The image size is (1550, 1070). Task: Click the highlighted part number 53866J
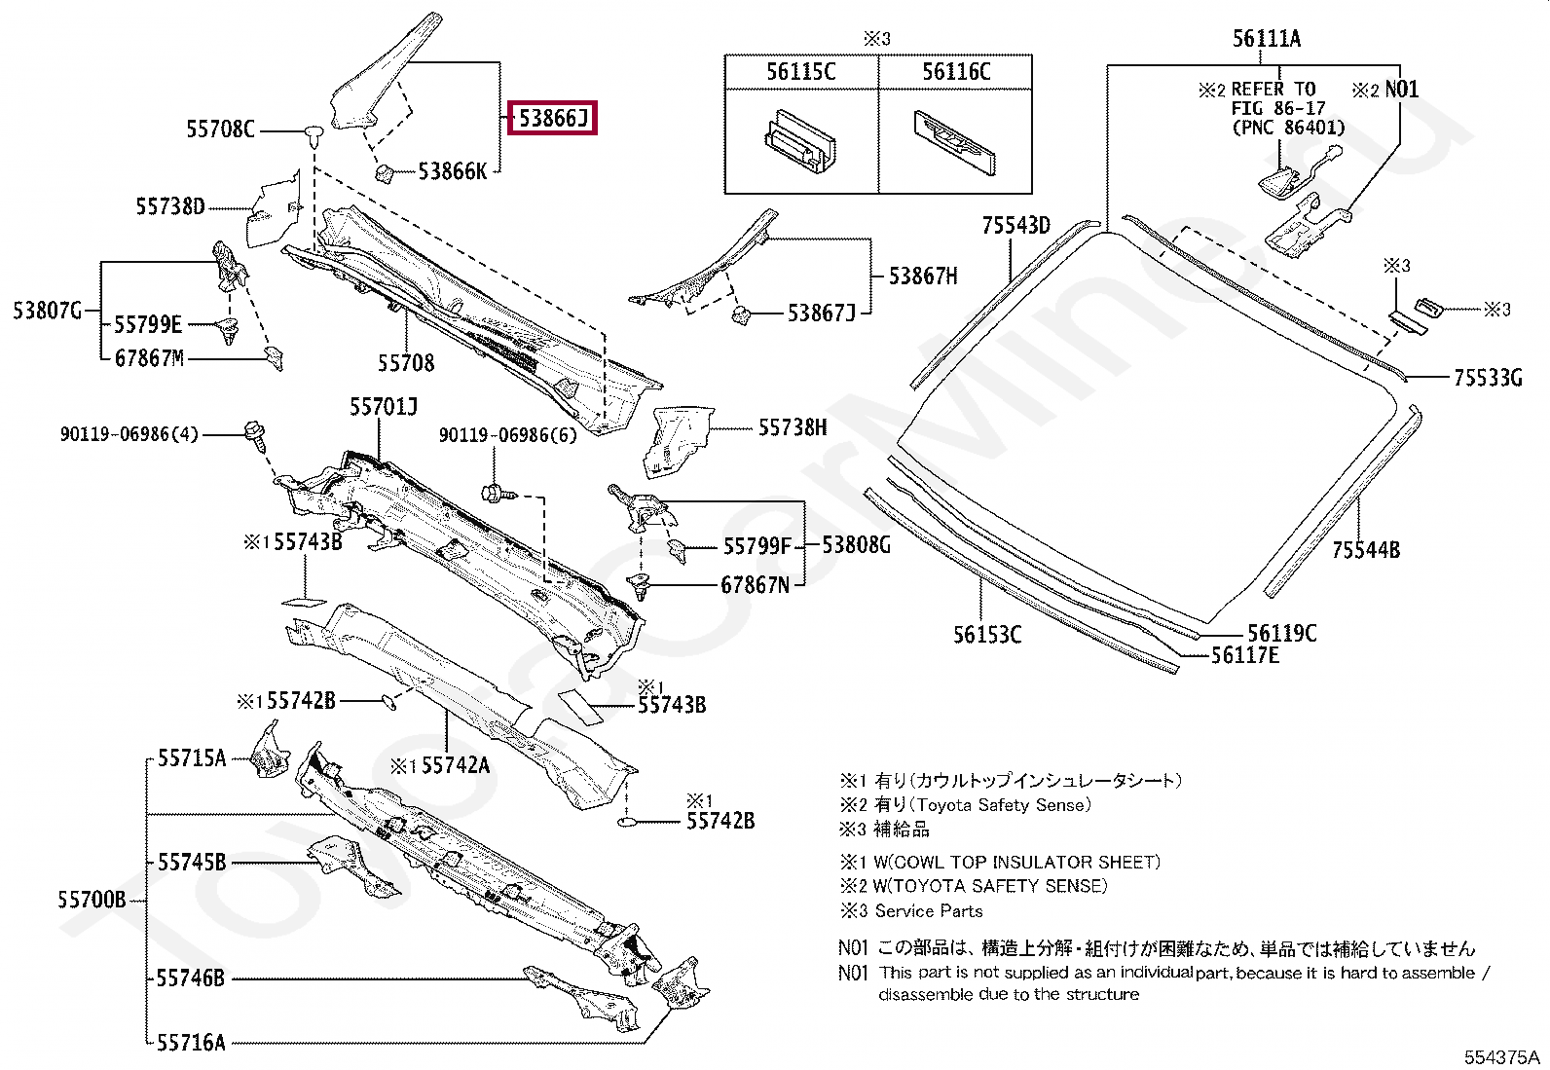(x=553, y=119)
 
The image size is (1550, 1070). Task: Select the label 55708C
(x=220, y=129)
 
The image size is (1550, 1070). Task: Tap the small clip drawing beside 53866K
(x=383, y=173)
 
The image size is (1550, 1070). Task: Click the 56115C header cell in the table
(x=800, y=71)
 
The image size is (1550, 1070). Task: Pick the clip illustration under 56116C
(x=955, y=141)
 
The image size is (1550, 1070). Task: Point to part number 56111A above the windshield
(x=1266, y=39)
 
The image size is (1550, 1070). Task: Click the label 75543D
(x=1015, y=226)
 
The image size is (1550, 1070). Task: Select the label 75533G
(x=1487, y=378)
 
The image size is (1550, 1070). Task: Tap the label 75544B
(x=1365, y=550)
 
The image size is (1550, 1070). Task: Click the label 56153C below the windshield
(x=986, y=635)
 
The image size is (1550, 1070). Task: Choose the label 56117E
(x=1244, y=656)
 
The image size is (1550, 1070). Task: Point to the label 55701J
(x=384, y=407)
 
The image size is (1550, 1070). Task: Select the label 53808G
(x=856, y=545)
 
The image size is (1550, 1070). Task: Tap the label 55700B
(x=92, y=900)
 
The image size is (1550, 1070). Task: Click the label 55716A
(x=191, y=1043)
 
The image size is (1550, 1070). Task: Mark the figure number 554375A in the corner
(x=1502, y=1057)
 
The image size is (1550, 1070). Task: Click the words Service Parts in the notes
(x=928, y=911)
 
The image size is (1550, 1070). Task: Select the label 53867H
(x=922, y=277)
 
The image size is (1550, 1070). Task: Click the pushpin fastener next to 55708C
(x=313, y=133)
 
